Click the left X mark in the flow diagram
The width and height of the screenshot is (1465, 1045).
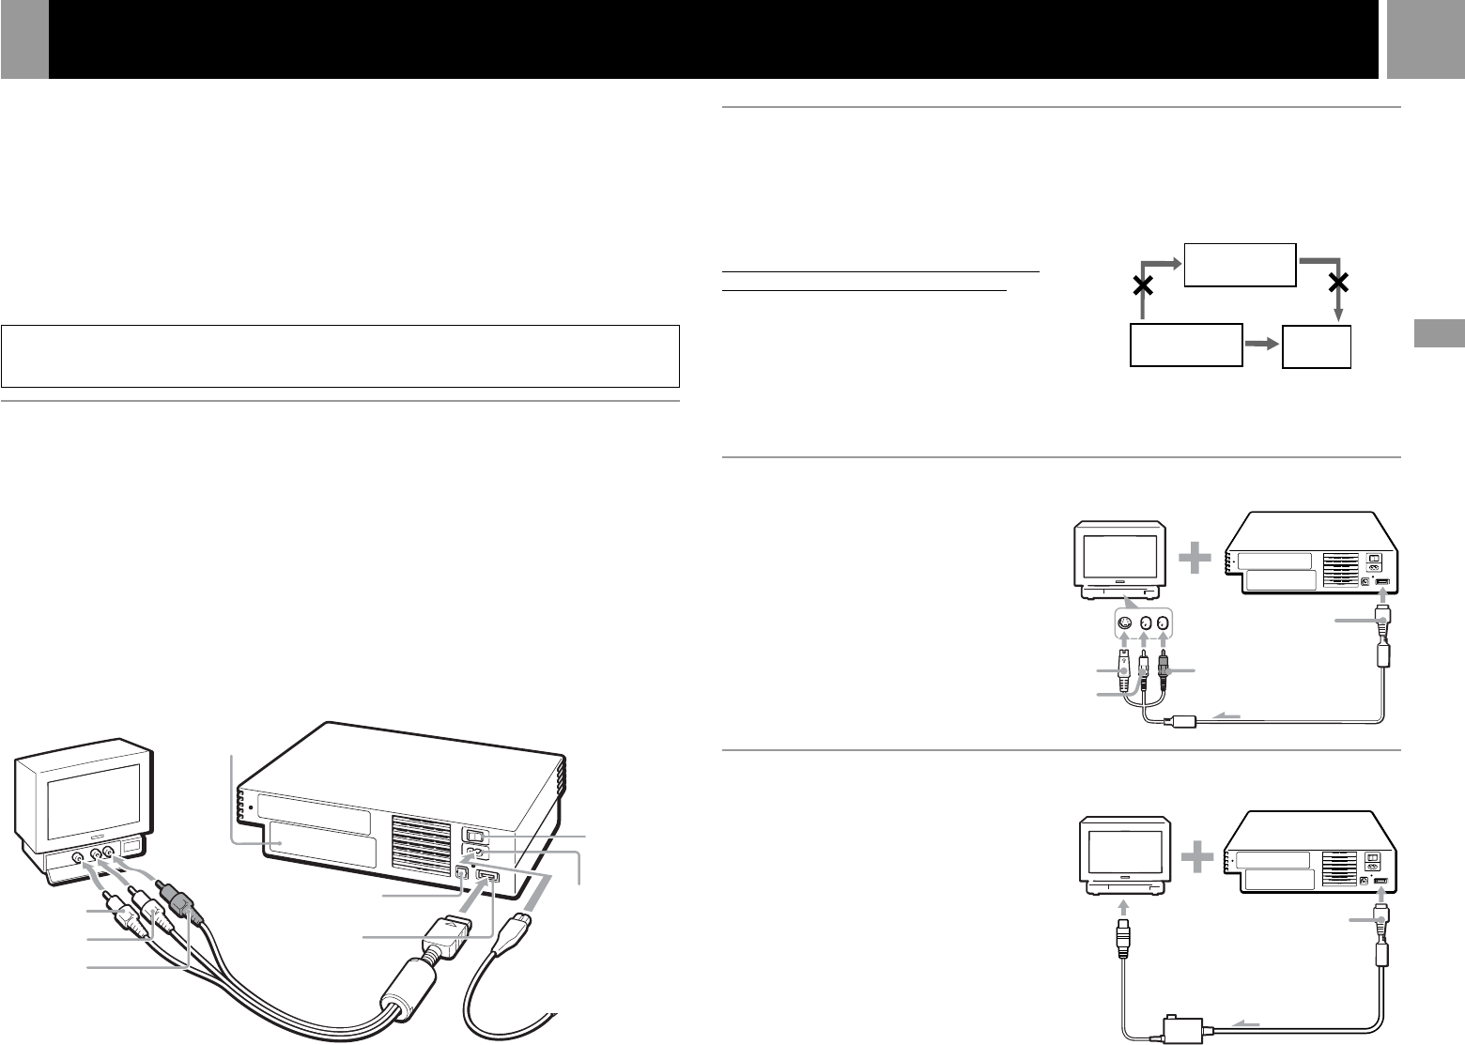pyautogui.click(x=1142, y=287)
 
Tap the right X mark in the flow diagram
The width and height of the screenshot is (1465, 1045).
pyautogui.click(x=1339, y=281)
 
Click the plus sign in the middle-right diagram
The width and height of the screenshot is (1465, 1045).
pyautogui.click(x=1195, y=561)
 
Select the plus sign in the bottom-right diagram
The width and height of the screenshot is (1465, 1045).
pyautogui.click(x=1195, y=859)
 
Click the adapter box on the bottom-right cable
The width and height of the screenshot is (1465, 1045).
pyautogui.click(x=1174, y=1022)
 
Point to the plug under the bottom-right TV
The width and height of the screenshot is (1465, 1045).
pyautogui.click(x=1122, y=933)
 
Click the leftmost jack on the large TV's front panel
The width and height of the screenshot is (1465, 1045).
pyautogui.click(x=77, y=857)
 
